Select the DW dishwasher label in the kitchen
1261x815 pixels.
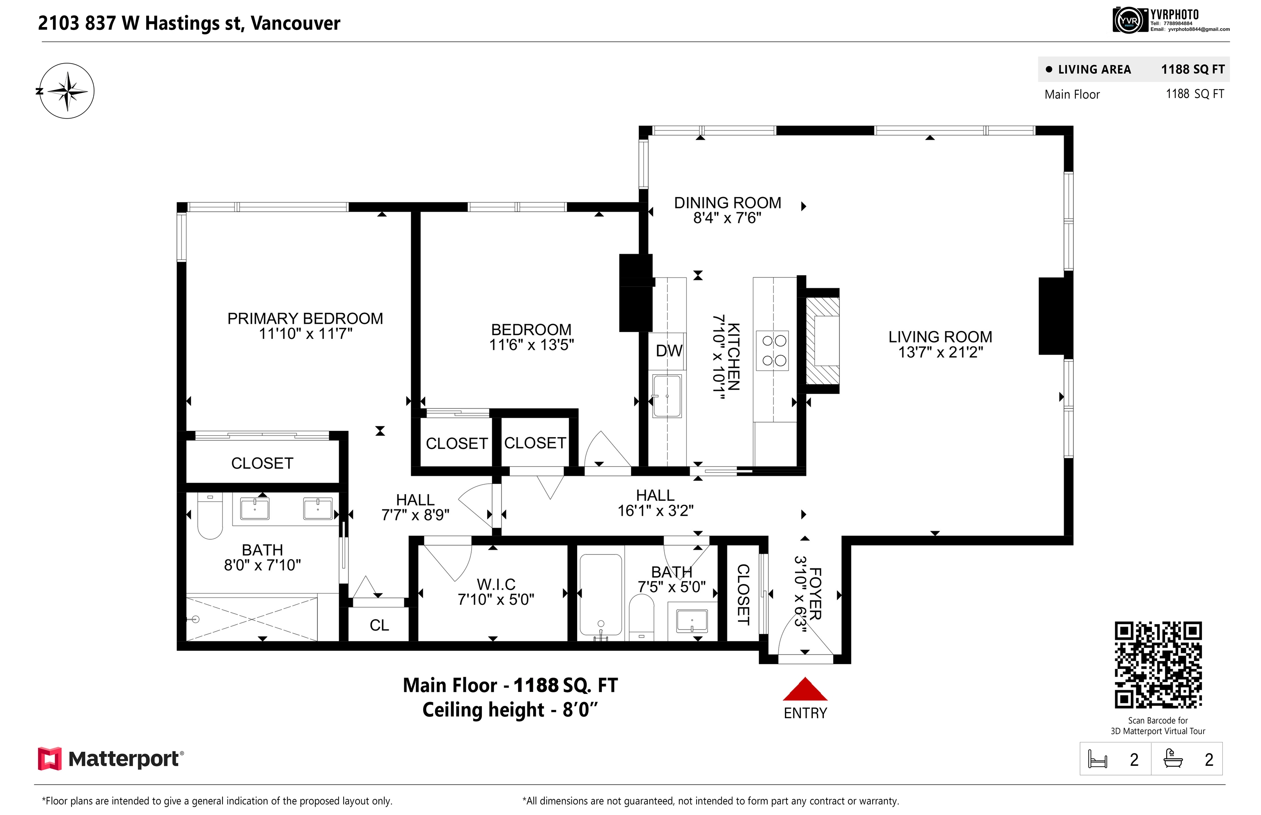coord(669,350)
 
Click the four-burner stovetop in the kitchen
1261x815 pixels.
coord(773,350)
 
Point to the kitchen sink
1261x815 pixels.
coord(667,396)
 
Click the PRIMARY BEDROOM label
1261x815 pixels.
coord(305,318)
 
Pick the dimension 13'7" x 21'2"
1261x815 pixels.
coord(940,353)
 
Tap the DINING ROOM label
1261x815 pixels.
coord(727,203)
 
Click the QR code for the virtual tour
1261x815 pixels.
coord(1158,665)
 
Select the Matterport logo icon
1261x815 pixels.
coord(49,758)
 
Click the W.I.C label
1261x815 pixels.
coord(496,584)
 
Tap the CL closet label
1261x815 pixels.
coord(379,625)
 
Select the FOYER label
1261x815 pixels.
coord(816,593)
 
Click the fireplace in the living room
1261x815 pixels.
coord(822,341)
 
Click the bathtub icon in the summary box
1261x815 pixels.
coord(1173,758)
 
